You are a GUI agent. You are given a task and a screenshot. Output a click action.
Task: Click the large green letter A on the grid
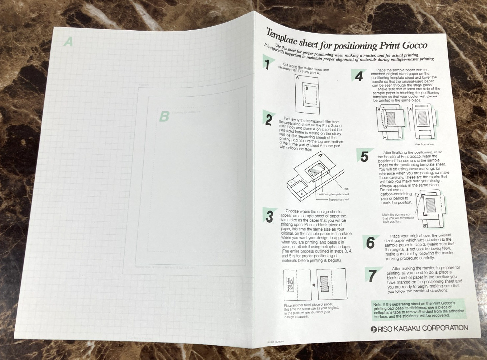pos(68,42)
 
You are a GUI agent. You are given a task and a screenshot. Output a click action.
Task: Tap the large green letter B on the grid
pos(164,116)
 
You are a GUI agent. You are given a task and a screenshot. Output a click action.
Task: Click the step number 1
pos(268,64)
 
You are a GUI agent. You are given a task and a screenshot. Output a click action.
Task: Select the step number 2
pos(269,120)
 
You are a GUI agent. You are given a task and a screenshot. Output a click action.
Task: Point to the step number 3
pos(270,216)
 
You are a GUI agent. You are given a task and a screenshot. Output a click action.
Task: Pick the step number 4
pos(359,76)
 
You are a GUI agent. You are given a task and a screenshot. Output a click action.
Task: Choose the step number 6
pos(370,243)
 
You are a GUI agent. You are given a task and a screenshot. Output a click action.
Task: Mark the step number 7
pos(372,276)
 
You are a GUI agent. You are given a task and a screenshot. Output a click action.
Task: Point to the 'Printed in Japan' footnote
pos(275,342)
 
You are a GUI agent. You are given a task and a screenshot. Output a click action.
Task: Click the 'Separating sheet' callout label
pos(338,200)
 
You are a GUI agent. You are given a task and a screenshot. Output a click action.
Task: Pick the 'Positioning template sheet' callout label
pos(333,194)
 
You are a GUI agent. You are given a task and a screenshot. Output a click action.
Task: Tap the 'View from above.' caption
pos(424,144)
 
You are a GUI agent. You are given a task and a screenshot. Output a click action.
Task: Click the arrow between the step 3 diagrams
pos(314,285)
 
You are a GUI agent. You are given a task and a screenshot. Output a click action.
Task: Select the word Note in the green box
pos(378,304)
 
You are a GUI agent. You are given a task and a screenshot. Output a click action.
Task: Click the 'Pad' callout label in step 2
pos(346,189)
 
